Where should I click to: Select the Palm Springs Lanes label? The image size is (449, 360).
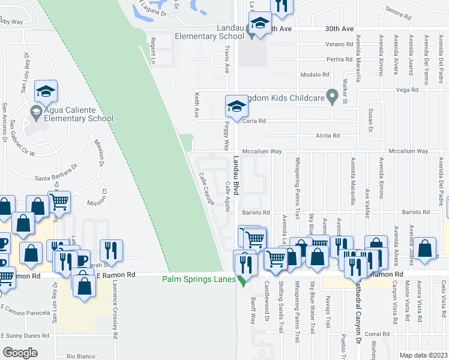click(200, 278)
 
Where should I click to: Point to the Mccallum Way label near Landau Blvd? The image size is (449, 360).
click(262, 152)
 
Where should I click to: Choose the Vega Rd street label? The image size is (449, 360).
click(407, 90)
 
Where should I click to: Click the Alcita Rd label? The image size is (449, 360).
click(328, 136)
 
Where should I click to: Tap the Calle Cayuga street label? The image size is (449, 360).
click(206, 189)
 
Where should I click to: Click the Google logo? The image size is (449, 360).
click(20, 353)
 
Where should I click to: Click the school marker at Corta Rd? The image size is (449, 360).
click(237, 106)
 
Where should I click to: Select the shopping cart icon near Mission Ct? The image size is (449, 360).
click(59, 202)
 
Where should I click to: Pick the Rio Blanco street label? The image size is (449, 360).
click(82, 356)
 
